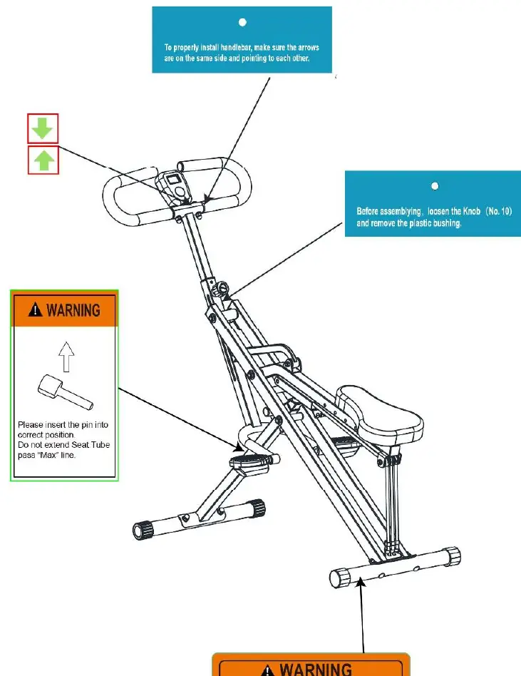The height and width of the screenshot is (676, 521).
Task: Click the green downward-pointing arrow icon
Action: coord(42,128)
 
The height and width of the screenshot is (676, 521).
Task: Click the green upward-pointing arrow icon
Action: coord(44,160)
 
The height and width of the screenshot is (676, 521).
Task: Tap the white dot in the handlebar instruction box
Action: coord(242,22)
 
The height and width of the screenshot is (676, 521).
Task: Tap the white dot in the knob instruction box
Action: coord(435,186)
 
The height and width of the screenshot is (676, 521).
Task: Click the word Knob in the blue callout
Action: coord(471,211)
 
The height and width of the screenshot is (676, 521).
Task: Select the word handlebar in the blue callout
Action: coord(236,48)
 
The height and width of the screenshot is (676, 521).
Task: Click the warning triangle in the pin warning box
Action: coord(36,309)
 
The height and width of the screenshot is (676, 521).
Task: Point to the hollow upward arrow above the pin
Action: coord(66,357)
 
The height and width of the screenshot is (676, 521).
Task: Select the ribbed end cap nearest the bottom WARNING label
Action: coord(341,578)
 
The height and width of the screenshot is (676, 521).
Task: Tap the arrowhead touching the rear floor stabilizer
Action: coord(361,583)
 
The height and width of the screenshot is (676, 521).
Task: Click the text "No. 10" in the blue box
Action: coord(500,211)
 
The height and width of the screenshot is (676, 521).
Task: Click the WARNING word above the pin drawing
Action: coord(73,310)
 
